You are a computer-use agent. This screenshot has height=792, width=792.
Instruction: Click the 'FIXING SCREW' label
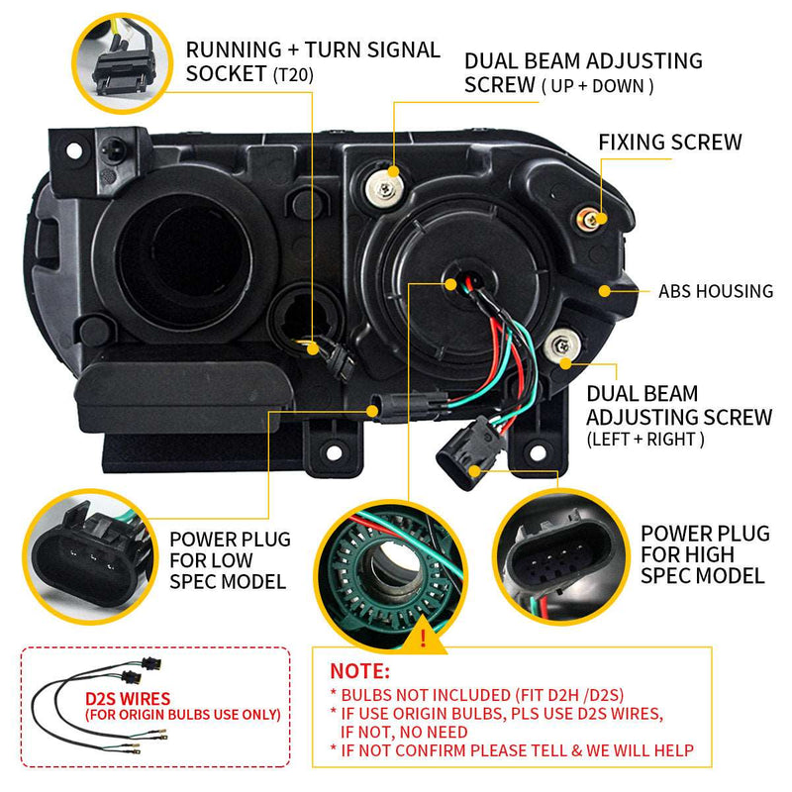point(669,143)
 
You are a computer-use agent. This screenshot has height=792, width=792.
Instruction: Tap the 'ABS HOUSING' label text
point(715,292)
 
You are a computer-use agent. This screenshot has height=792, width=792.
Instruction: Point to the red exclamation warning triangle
point(424,638)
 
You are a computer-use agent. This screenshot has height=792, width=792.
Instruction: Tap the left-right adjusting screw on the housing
point(563,345)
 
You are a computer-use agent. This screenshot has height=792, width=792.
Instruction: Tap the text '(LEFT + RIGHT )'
point(645,439)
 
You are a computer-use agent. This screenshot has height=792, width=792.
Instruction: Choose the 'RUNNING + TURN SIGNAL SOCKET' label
point(313,60)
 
